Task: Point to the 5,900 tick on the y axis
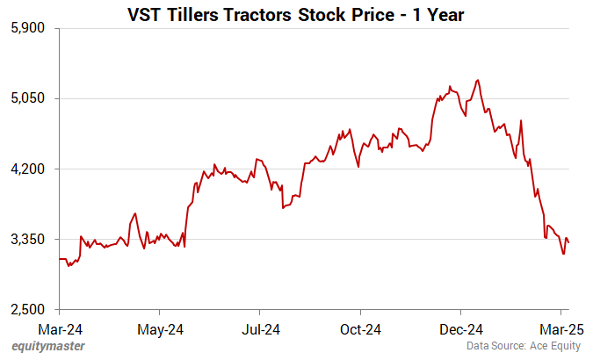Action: click(x=31, y=28)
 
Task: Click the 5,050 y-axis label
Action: click(x=31, y=98)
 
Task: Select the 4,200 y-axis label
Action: click(x=31, y=169)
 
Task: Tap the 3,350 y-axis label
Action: click(x=31, y=239)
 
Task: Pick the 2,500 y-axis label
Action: click(x=31, y=309)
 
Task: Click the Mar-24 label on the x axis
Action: click(x=59, y=329)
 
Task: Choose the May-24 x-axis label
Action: click(x=159, y=329)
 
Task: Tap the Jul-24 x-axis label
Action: click(x=259, y=329)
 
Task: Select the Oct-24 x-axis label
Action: click(x=360, y=329)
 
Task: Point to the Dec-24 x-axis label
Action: click(x=460, y=329)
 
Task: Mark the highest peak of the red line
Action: click(x=477, y=80)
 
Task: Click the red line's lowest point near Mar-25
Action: click(x=563, y=255)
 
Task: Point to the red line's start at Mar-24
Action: click(x=60, y=259)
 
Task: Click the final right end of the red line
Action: click(x=568, y=242)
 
